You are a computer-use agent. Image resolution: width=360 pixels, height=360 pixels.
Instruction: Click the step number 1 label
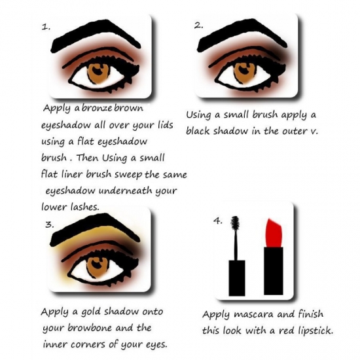point(45,27)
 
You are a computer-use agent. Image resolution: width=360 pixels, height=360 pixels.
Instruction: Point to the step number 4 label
point(219,221)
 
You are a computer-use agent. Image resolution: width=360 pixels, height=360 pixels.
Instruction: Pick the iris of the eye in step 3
point(98,268)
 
